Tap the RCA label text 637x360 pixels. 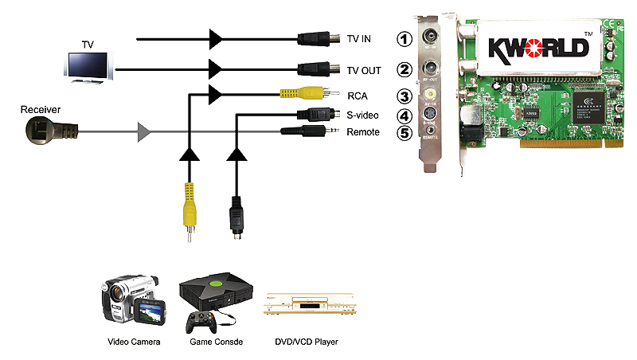click(x=357, y=96)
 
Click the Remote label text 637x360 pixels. click(x=363, y=131)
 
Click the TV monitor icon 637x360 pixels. click(x=90, y=67)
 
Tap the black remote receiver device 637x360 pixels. click(x=48, y=128)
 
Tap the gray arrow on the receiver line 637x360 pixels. click(x=143, y=131)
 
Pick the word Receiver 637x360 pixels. click(x=40, y=108)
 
